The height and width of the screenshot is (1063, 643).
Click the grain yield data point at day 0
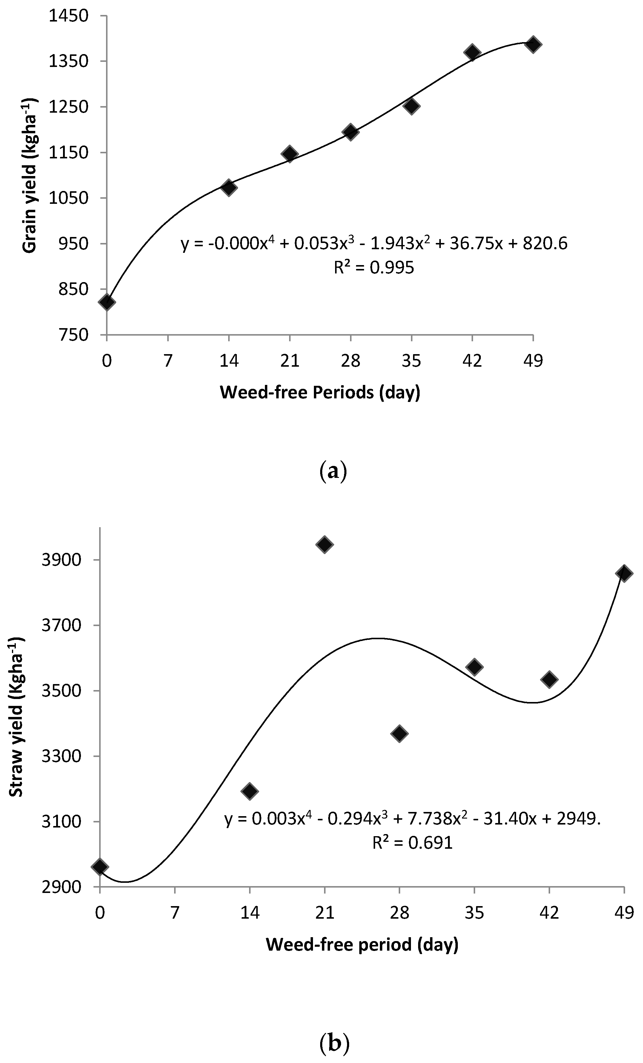(107, 302)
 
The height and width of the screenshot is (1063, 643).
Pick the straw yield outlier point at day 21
(324, 544)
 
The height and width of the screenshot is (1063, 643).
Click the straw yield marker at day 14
(249, 791)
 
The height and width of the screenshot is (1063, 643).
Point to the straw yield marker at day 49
(624, 573)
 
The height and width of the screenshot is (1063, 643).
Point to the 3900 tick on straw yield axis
(62, 560)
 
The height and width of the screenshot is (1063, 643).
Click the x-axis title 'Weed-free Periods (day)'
(320, 393)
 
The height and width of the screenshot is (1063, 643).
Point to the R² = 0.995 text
(374, 267)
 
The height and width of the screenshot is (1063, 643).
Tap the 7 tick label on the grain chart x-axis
(168, 360)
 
